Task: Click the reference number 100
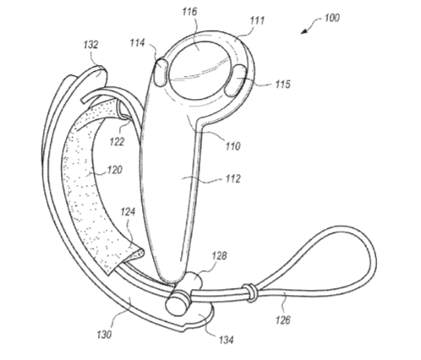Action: point(332,18)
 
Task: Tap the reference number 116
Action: point(189,11)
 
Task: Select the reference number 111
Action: point(257,20)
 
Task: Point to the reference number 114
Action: point(137,43)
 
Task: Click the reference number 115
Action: point(282,84)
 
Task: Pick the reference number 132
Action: point(91,45)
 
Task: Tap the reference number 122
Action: point(117,141)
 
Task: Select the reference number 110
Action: point(232,146)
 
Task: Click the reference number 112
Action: point(232,178)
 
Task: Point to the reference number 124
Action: point(128,212)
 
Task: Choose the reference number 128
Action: point(219,256)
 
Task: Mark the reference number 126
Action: point(282,319)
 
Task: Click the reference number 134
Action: point(227,340)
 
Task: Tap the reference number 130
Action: point(104,335)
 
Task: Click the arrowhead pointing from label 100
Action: point(303,31)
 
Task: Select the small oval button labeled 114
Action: point(161,72)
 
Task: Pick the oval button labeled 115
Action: point(236,80)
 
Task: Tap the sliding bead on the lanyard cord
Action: point(250,293)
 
